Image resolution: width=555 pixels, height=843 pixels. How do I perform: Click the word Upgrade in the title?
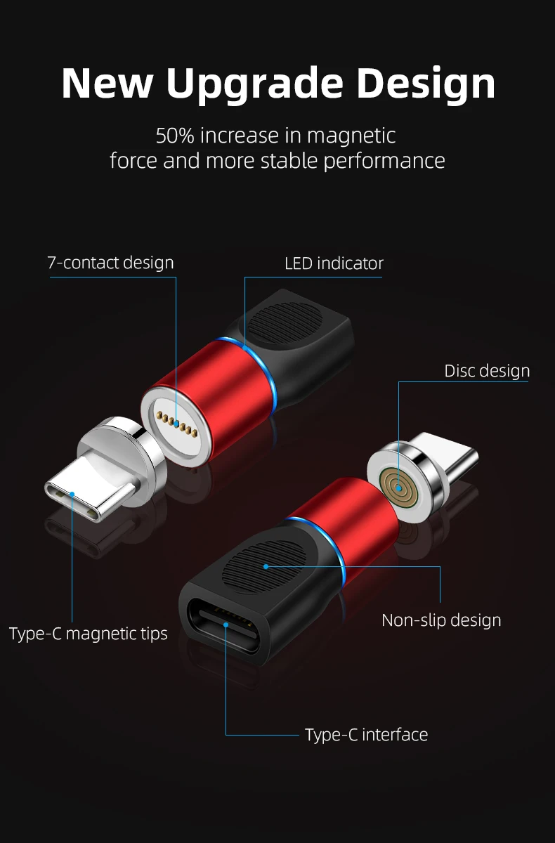254,84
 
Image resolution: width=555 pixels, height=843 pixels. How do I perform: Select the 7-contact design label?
110,263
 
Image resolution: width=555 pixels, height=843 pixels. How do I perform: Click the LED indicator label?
334,263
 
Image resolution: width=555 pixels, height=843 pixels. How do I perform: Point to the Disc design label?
487,371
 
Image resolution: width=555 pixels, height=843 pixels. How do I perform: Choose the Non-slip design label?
441,620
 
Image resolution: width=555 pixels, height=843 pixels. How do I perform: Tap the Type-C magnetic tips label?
89,634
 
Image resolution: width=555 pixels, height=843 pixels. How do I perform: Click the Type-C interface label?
366,735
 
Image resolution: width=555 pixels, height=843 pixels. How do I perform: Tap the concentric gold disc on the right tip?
398,484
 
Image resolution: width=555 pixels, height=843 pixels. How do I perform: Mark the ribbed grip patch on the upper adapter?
285,325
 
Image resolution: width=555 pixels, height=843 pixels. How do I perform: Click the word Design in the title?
426,84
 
